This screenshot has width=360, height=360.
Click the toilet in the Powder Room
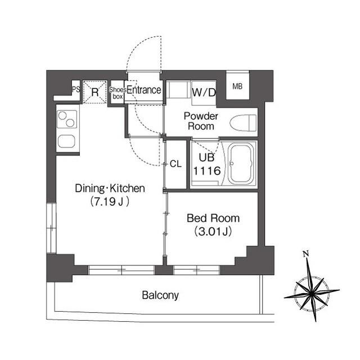point(243,123)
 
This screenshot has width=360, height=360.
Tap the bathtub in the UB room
point(241,164)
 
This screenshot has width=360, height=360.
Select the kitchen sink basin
point(66,141)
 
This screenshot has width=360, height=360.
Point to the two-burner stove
point(67,119)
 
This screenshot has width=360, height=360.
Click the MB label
point(237,86)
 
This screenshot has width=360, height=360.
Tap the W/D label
point(204,92)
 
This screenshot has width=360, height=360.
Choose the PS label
point(76,89)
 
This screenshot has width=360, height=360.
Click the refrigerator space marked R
point(95,92)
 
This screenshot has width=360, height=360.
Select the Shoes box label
point(118,93)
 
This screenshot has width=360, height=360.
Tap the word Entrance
point(144,90)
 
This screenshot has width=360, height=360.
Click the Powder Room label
point(201,121)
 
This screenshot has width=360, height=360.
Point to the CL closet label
point(175,164)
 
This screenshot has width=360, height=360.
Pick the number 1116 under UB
point(207,171)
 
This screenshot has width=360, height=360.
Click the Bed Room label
point(213,218)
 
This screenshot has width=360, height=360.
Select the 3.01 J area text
point(213,232)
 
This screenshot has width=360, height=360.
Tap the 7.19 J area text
point(110,202)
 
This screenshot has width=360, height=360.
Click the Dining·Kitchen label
point(110,188)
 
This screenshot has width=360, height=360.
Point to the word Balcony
point(160,295)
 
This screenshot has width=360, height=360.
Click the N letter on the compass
point(305,254)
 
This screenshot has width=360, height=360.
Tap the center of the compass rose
point(311,293)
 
